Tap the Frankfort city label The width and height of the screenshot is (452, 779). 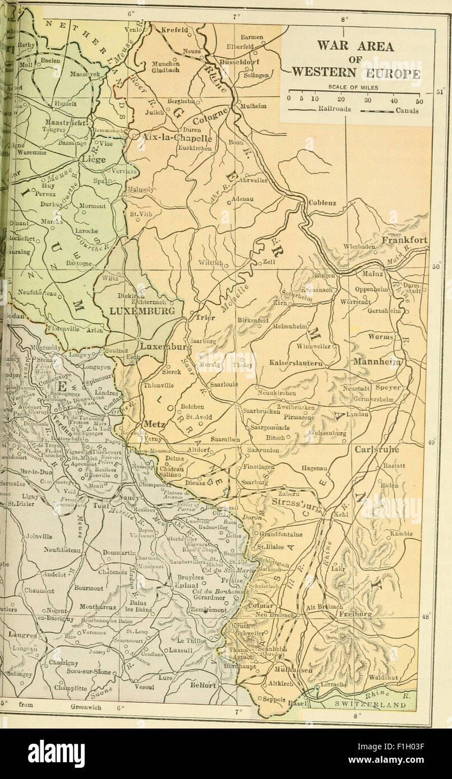(405, 240)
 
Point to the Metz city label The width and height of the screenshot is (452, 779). (153, 424)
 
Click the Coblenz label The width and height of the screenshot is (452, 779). (322, 203)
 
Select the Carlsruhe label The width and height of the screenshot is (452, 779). (377, 449)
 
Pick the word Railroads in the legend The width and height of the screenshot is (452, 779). (334, 109)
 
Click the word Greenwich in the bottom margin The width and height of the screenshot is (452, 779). (86, 708)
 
